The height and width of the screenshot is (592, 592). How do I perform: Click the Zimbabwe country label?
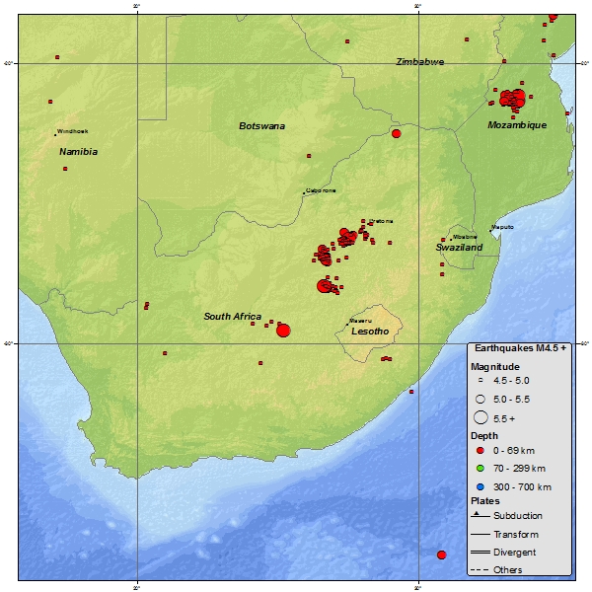[x=420, y=62]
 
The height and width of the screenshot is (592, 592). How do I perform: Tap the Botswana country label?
[x=261, y=126]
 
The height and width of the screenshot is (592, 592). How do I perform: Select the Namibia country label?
[x=78, y=152]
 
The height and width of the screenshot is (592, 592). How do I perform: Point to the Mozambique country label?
[x=517, y=125]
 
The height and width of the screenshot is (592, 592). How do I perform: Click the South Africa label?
[x=233, y=317]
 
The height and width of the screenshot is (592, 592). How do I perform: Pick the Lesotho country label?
[x=370, y=332]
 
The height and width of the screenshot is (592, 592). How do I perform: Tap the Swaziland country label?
[x=459, y=248]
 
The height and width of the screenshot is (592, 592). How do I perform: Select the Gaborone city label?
[x=321, y=190]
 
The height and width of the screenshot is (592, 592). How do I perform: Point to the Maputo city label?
[x=502, y=227]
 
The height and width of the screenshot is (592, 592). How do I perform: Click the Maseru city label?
[x=359, y=321]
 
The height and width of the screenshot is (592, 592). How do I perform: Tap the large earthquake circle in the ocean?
[x=441, y=555]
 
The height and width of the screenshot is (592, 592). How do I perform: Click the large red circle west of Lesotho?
[x=283, y=331]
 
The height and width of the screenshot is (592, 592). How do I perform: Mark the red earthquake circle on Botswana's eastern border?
[x=396, y=133]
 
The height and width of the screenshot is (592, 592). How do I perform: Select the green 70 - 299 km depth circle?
[x=479, y=469]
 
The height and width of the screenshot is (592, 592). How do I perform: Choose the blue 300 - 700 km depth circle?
[x=479, y=486]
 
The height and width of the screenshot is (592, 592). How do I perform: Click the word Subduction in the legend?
[x=518, y=516]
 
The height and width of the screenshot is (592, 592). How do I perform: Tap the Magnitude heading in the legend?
[x=493, y=366]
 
